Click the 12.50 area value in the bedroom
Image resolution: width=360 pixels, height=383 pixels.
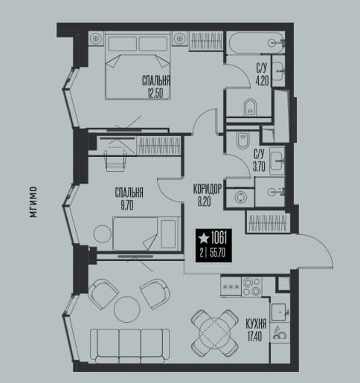pos(155,93)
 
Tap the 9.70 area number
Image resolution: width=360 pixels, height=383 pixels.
pos(127,205)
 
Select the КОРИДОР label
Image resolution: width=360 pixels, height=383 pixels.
pos(207,189)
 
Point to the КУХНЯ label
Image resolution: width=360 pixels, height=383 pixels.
pos(256,324)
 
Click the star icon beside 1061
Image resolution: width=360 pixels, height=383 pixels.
pos(204,238)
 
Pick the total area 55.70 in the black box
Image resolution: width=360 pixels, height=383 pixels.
pos(217,253)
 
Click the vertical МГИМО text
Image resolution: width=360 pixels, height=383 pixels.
pos(33,202)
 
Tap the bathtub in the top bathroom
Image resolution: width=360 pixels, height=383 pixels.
pos(256,42)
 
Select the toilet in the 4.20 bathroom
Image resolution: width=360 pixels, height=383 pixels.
pos(251,107)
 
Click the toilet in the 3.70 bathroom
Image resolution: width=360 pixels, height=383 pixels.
pos(242,140)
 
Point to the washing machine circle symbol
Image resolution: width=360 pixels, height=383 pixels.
pos(240,198)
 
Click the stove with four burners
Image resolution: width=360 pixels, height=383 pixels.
pos(251,286)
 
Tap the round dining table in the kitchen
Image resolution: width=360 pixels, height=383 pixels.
pos(215,333)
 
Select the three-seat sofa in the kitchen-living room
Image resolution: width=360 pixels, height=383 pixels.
pos(130,345)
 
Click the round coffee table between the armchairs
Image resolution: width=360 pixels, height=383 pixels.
pos(127,309)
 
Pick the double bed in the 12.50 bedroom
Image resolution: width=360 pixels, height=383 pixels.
pos(138,65)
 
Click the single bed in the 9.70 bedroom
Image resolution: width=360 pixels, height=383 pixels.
pos(146,234)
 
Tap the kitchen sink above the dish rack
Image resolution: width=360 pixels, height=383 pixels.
pos(279,312)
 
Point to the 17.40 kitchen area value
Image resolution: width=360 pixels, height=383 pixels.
pos(254,336)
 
